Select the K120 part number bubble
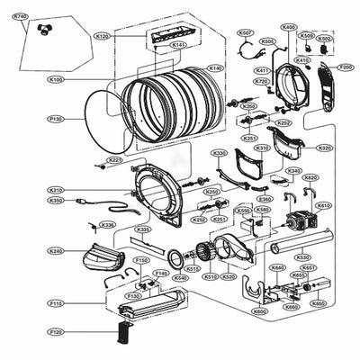(x=101, y=36)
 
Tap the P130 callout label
(x=56, y=119)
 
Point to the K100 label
(x=56, y=80)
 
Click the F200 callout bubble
(x=345, y=67)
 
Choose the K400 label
(x=288, y=27)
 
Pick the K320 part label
(x=323, y=148)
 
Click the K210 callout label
(x=56, y=190)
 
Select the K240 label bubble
(x=56, y=251)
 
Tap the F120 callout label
(x=56, y=332)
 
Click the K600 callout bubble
(x=260, y=311)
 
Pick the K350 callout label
(x=56, y=201)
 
